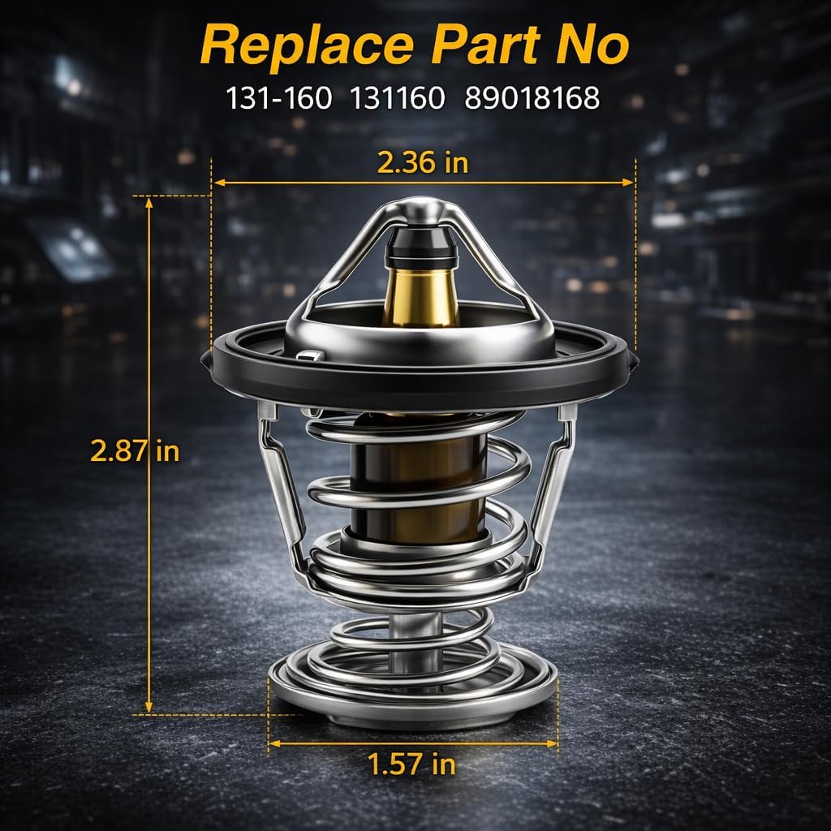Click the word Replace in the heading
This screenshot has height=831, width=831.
[307, 46]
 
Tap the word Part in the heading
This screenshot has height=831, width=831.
[485, 45]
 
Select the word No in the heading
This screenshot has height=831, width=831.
[592, 45]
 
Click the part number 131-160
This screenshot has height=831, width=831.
[279, 98]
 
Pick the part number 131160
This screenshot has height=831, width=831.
[398, 98]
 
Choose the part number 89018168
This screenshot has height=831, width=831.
[532, 98]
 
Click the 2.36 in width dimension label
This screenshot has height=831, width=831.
[422, 162]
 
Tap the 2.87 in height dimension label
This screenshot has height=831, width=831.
[135, 451]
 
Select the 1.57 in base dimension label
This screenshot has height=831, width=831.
[411, 764]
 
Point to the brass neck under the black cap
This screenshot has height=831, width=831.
[421, 297]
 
